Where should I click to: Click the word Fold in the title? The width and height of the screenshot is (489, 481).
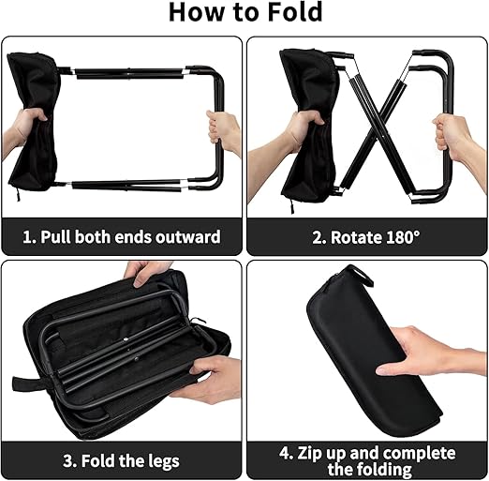click(x=295, y=12)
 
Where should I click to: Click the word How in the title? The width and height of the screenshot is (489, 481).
click(x=197, y=12)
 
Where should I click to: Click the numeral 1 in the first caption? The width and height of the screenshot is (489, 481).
click(x=27, y=237)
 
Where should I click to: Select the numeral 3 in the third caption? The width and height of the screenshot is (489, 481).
click(x=67, y=460)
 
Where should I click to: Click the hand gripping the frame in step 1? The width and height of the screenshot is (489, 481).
click(x=223, y=132)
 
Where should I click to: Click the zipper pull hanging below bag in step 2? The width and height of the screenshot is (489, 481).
click(x=292, y=206)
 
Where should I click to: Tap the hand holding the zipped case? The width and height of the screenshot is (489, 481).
click(x=431, y=353)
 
